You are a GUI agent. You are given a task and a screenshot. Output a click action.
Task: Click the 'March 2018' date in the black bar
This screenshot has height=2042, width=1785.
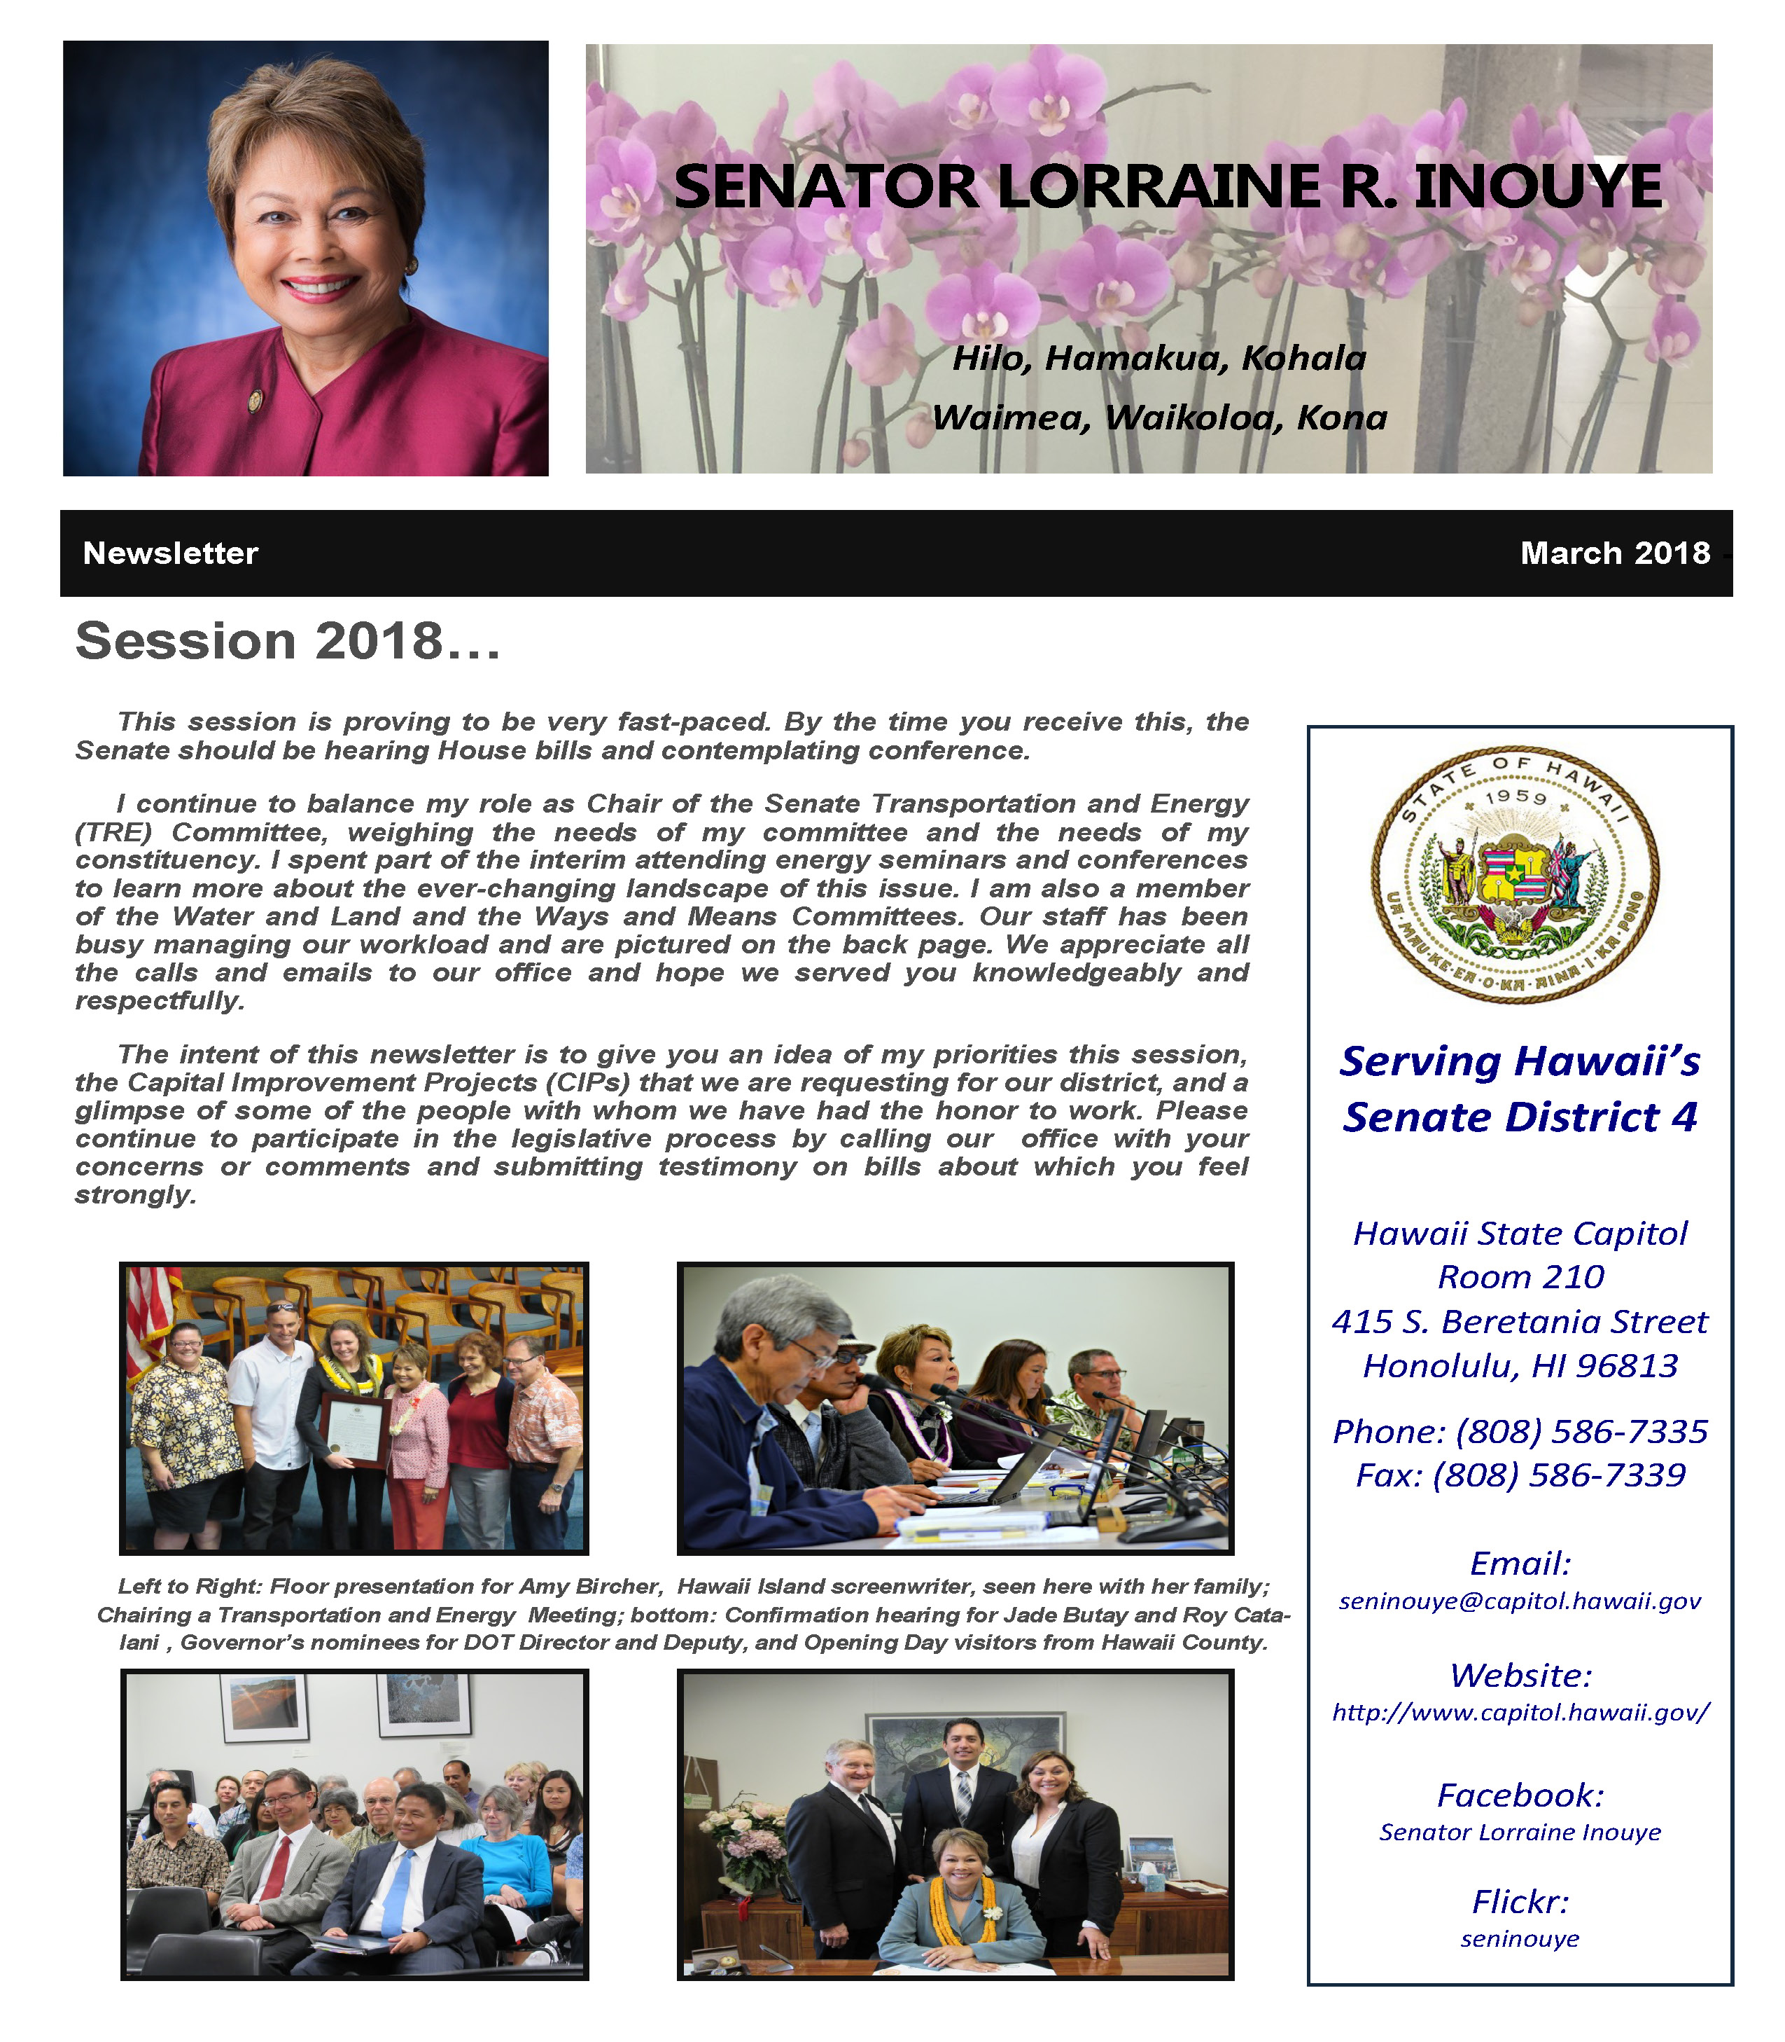(1615, 553)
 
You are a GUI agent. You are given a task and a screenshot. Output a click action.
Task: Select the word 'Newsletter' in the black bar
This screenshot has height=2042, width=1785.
(170, 553)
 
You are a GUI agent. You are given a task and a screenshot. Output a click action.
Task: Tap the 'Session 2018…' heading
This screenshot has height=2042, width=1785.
(288, 641)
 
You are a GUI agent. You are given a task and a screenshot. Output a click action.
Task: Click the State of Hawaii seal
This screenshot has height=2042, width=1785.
(1515, 876)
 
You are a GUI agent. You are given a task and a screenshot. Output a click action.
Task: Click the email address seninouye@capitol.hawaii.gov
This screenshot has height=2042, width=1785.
(1520, 1601)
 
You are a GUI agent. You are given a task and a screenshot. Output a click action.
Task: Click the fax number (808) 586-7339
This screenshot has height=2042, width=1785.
(1559, 1475)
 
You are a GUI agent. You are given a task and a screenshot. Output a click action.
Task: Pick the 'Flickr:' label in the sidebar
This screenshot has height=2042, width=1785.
(1520, 1901)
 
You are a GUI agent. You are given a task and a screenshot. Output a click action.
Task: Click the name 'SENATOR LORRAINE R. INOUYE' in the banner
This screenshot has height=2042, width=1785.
(1168, 187)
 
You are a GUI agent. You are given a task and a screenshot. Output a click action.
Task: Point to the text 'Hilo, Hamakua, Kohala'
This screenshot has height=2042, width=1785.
(1159, 358)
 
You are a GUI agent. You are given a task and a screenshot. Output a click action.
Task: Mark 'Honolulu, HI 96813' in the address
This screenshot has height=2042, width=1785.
(1520, 1365)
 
